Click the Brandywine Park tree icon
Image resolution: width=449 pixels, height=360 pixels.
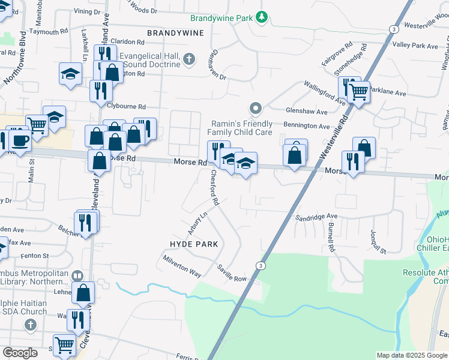(x=261, y=17)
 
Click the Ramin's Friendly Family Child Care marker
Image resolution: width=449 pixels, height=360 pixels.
(x=256, y=109)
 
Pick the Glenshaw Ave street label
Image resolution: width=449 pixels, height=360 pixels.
(x=307, y=112)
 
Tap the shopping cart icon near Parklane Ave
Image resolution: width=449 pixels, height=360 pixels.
(x=358, y=92)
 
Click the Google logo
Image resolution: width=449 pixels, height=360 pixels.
(x=20, y=353)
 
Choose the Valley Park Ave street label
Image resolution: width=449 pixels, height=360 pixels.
(x=415, y=46)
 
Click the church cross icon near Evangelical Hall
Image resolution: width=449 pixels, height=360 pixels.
(x=189, y=59)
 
